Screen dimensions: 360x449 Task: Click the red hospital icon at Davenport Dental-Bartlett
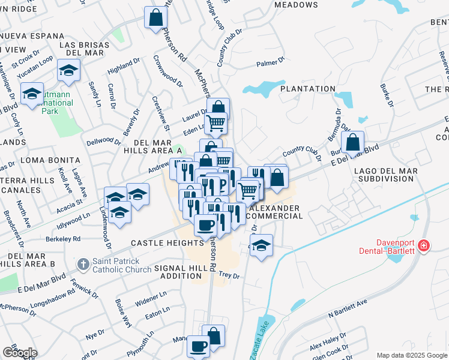pyautogui.click(x=424, y=245)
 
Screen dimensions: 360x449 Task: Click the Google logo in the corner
pyautogui.click(x=20, y=353)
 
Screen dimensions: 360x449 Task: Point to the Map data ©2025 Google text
pyautogui.click(x=411, y=355)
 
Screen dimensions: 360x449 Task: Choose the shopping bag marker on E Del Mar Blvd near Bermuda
pyautogui.click(x=354, y=143)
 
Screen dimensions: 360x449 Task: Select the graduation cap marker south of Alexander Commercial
pyautogui.click(x=261, y=245)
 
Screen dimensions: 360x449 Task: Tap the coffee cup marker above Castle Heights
pyautogui.click(x=205, y=225)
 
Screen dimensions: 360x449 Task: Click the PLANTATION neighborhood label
pyautogui.click(x=307, y=89)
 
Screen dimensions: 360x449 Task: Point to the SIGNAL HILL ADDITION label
pyautogui.click(x=178, y=272)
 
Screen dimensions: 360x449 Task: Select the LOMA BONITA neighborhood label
pyautogui.click(x=50, y=160)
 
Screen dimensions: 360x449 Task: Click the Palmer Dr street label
pyautogui.click(x=270, y=62)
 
